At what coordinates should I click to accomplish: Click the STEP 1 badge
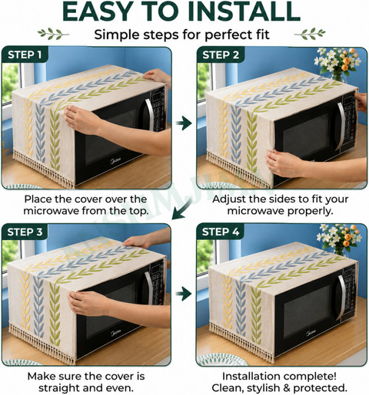(25, 54)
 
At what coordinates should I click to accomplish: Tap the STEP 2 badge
(221, 54)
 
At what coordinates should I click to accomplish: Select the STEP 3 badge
(25, 232)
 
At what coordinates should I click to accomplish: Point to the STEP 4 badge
(221, 232)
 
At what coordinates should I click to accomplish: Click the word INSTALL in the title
(244, 12)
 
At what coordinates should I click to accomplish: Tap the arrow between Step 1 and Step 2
(184, 123)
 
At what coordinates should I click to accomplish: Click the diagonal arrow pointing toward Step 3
(182, 209)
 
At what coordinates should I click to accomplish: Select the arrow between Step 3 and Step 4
(184, 294)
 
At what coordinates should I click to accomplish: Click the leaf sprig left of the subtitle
(53, 34)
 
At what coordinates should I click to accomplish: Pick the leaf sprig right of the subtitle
(310, 34)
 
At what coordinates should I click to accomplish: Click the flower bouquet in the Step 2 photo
(337, 64)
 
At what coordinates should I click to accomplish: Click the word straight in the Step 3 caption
(58, 388)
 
